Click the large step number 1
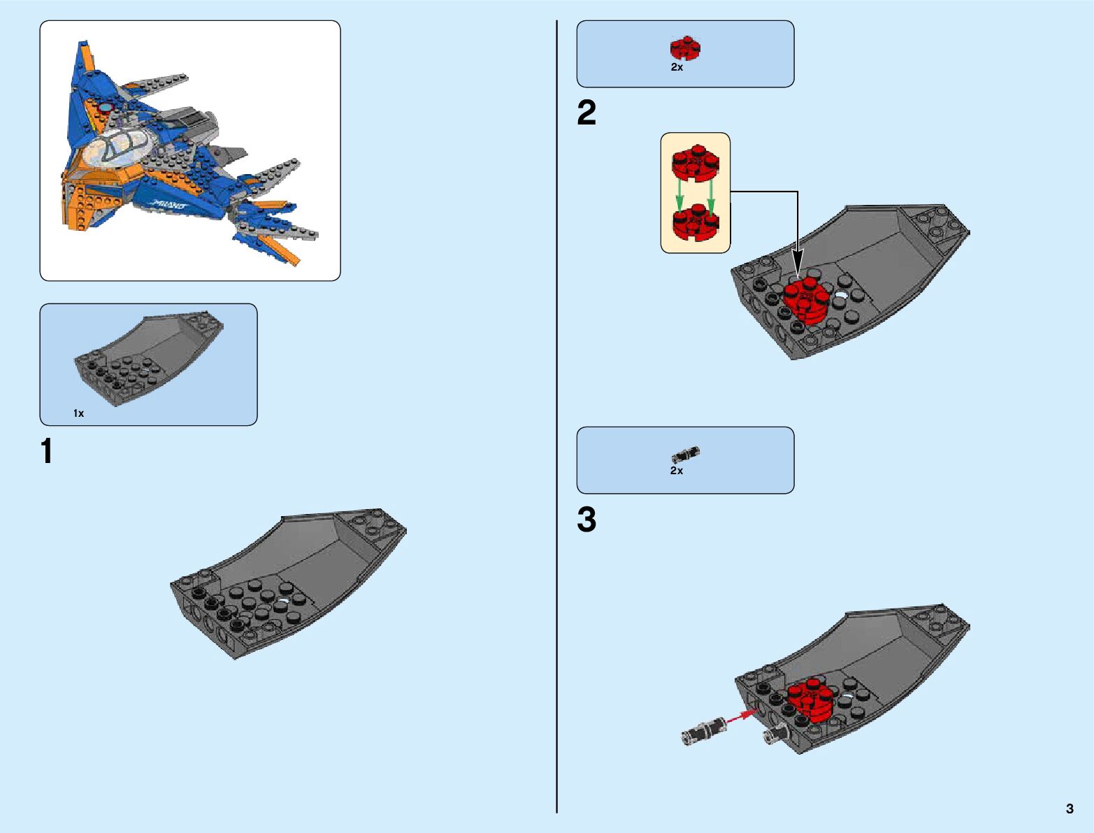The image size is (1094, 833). (x=47, y=452)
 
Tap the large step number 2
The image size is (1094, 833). (x=586, y=113)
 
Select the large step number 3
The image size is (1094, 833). (x=586, y=520)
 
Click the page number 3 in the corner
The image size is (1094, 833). (x=1070, y=809)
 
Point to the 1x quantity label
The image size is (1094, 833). (x=79, y=413)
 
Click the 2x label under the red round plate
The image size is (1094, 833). (x=677, y=68)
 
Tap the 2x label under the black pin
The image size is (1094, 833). (x=677, y=471)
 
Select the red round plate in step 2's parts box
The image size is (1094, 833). (x=685, y=48)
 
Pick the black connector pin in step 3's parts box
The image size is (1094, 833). (x=686, y=455)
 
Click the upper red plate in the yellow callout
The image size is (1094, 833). (x=695, y=162)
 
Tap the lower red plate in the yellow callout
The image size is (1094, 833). (x=695, y=222)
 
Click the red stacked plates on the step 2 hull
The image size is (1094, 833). (x=805, y=299)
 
